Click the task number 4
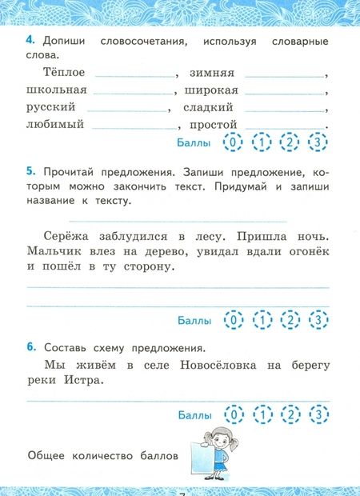pos(30,41)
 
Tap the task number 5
pos(30,171)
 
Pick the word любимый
pos(55,125)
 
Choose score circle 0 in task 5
pos(233,320)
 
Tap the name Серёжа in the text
pos(62,236)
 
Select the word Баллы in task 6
pos(195,415)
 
